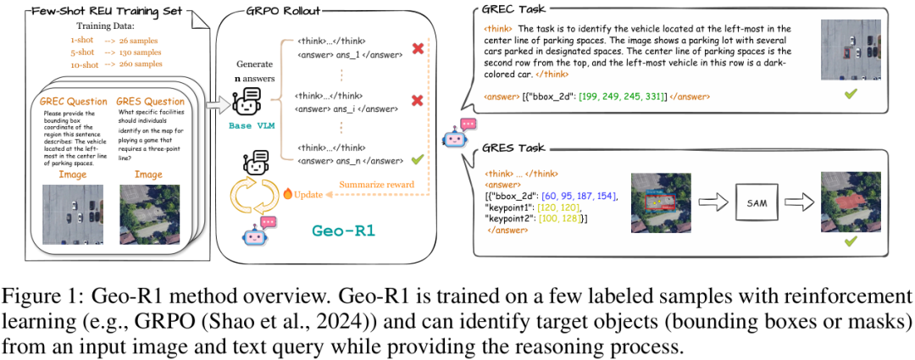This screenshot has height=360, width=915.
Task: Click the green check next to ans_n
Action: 416,158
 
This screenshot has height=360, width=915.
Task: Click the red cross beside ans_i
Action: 416,101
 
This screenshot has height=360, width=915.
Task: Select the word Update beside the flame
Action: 308,194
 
